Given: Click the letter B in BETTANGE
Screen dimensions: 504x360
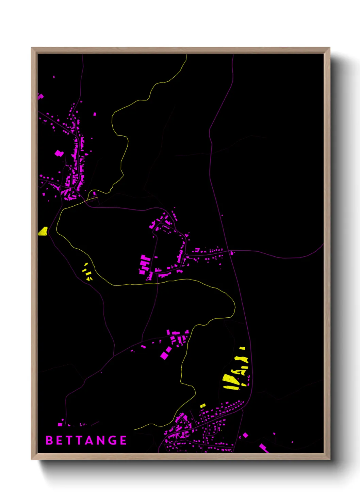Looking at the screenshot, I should click(49, 440).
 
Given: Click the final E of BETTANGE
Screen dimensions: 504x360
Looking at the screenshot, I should click(124, 440).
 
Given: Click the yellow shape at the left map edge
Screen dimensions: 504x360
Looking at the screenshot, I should click(43, 232).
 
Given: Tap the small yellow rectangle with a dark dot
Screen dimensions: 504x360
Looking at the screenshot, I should click(203, 406).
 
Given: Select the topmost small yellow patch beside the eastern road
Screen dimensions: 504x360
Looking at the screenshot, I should click(242, 348).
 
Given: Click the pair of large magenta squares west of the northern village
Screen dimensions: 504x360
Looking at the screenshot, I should click(59, 153).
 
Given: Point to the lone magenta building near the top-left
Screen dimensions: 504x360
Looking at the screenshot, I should click(54, 77).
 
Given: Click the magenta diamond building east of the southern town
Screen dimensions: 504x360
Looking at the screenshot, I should click(245, 435).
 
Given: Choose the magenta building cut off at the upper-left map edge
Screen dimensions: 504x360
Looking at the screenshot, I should click(40, 96).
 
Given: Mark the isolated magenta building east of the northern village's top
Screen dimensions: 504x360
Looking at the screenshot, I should click(95, 114).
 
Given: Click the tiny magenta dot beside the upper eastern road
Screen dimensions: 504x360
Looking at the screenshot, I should click(222, 215).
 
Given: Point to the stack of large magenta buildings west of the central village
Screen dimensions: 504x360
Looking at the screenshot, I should click(145, 264).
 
